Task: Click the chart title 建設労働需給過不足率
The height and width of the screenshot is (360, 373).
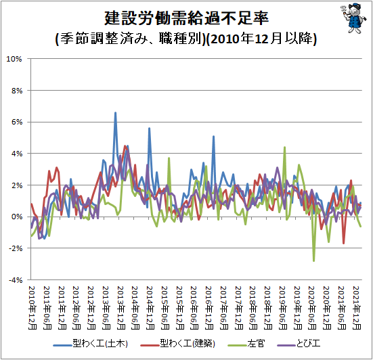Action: point(187,18)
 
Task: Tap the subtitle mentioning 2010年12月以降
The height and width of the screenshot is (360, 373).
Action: point(185,39)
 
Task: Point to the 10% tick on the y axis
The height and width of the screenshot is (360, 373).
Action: point(14,59)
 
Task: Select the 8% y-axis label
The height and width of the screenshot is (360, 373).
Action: point(17,91)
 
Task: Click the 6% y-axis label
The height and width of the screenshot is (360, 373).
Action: point(17,122)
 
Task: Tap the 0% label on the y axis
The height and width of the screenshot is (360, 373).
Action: point(17,217)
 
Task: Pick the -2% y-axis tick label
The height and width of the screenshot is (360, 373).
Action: point(16,248)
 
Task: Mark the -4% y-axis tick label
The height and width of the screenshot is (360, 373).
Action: point(16,280)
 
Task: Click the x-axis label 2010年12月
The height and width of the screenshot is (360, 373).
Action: point(32,308)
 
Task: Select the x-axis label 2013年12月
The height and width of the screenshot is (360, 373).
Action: point(121,308)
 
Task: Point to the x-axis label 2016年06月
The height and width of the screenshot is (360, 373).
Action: point(194,308)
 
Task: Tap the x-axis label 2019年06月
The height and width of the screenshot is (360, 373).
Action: point(283,308)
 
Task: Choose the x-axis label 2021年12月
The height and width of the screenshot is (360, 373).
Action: point(357,308)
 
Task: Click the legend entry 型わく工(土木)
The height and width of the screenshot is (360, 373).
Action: point(91,344)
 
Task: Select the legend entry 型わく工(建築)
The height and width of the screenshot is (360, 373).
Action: point(177,344)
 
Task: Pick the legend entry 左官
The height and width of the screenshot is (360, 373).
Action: point(246,344)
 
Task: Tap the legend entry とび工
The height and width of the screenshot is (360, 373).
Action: point(299,344)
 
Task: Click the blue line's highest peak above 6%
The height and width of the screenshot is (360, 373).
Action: point(115,112)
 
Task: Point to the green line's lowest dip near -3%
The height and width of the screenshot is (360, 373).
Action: point(314,261)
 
